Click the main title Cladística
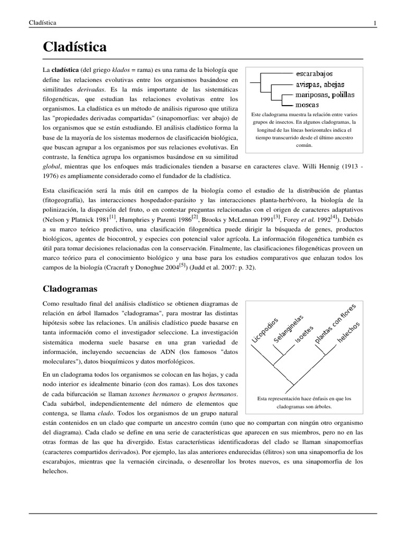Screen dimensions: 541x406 (x=75, y=47)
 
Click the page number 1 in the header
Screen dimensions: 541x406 (x=374, y=23)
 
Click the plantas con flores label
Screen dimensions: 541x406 (x=336, y=323)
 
